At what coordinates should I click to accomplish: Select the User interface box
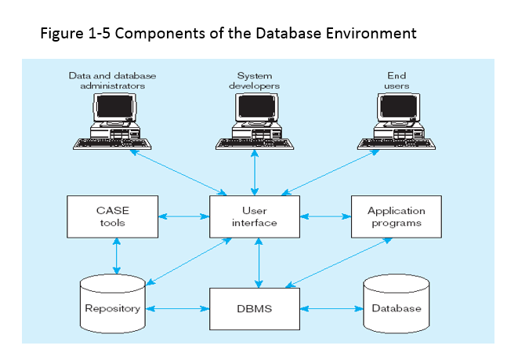[x=255, y=216]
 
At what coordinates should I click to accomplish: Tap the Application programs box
[x=396, y=216]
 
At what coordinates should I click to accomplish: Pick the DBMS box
[x=255, y=308]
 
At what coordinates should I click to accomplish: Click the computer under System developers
[x=254, y=122]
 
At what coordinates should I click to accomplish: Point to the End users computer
[x=396, y=122]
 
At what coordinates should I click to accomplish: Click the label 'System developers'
[x=254, y=81]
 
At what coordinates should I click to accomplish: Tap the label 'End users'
[x=397, y=81]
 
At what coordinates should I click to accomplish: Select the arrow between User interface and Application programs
[x=325, y=214]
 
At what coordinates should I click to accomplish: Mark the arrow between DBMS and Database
[x=331, y=308]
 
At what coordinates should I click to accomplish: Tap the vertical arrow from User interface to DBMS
[x=259, y=263]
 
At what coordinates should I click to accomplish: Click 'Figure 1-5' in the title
[x=71, y=34]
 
